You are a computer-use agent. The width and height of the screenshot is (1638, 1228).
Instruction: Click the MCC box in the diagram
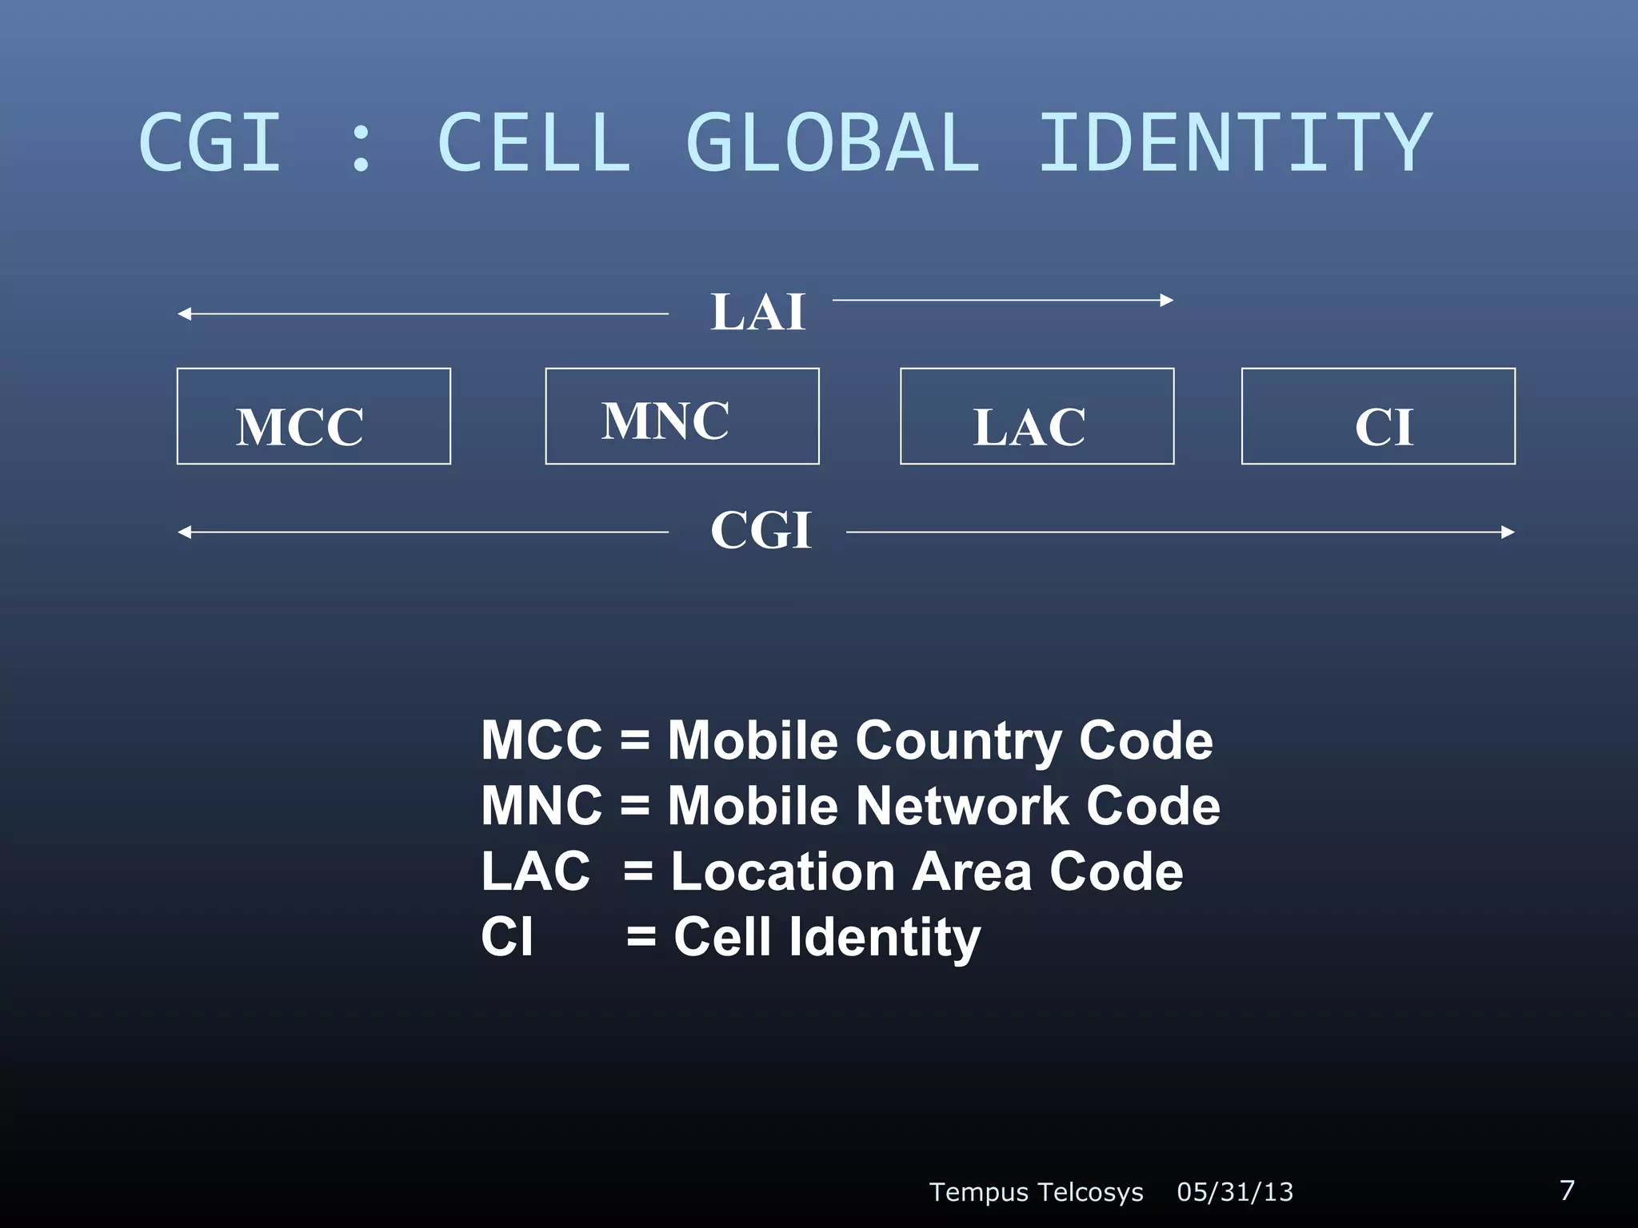click(314, 417)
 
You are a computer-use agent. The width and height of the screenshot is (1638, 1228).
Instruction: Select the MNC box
click(682, 417)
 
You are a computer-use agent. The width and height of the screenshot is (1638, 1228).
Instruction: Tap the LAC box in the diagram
click(1037, 417)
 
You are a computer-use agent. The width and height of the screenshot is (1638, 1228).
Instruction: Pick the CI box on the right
click(1378, 417)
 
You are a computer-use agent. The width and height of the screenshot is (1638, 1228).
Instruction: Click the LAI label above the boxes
click(757, 312)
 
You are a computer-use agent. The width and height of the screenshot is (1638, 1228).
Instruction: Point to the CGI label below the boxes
click(761, 530)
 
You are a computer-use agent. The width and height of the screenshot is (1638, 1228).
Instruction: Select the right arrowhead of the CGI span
click(1508, 532)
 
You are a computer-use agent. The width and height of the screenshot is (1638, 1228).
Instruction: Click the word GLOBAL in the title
click(833, 144)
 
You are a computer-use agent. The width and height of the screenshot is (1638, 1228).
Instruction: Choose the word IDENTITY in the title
click(1234, 144)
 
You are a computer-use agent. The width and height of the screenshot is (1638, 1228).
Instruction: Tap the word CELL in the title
click(534, 144)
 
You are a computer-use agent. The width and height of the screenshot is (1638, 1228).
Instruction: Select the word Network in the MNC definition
click(961, 806)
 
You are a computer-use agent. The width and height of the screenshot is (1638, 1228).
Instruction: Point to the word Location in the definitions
click(782, 871)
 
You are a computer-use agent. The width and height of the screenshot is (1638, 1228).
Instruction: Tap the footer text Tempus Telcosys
click(1036, 1192)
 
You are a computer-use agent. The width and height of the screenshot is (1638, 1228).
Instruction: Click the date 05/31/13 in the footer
click(1235, 1192)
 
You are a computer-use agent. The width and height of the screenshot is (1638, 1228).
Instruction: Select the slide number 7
click(1568, 1190)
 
